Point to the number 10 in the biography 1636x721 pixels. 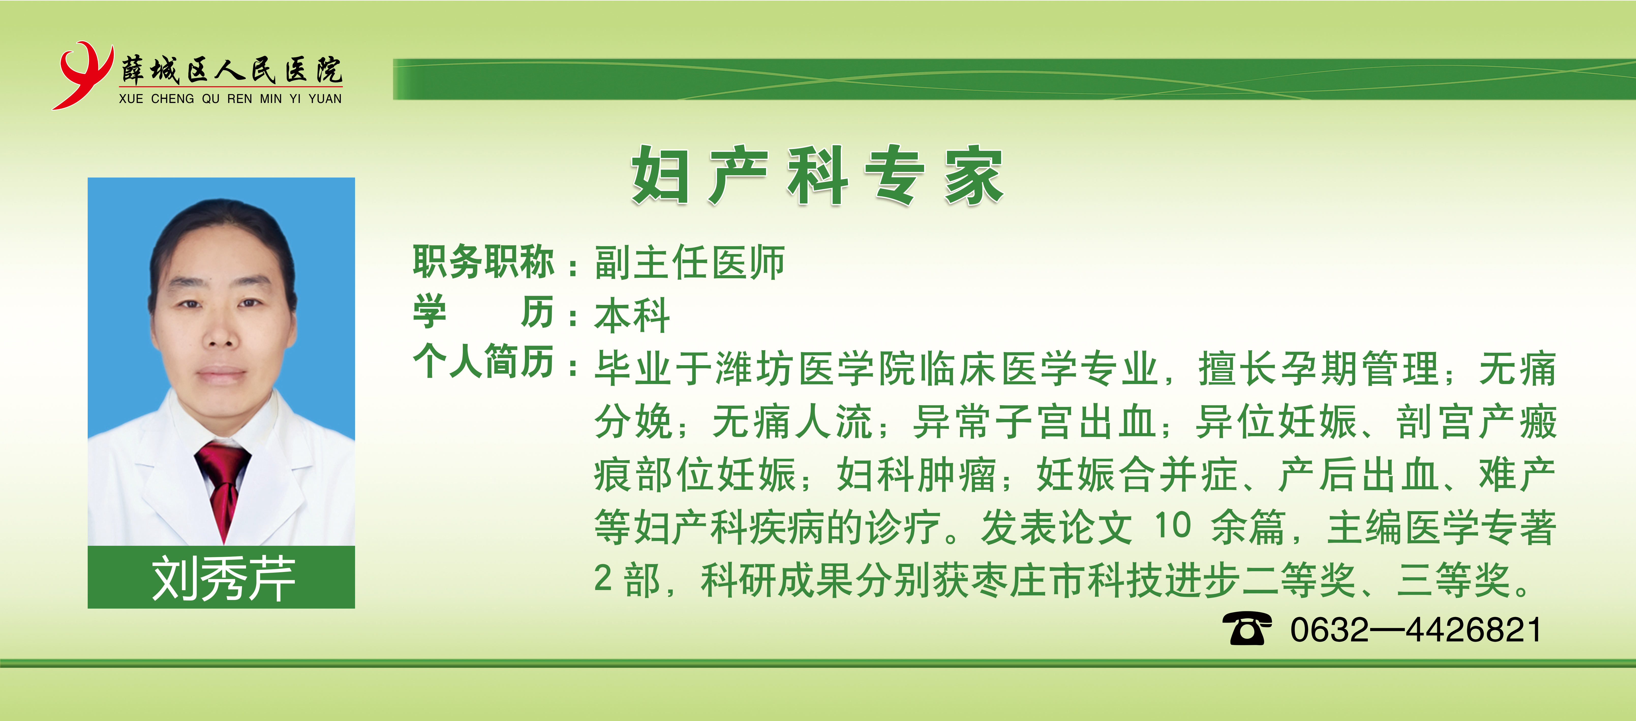click(x=1172, y=525)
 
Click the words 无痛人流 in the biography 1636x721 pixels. click(x=792, y=422)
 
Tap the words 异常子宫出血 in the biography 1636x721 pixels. click(x=1033, y=422)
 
